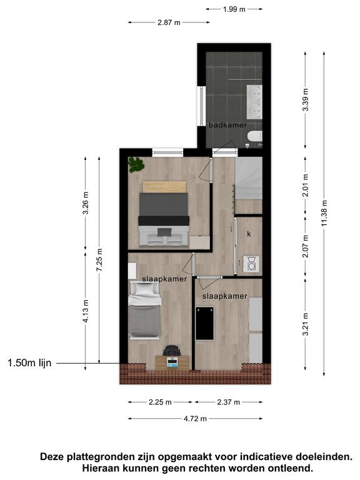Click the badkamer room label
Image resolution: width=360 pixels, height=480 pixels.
227,125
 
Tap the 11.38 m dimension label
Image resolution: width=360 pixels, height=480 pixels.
324,213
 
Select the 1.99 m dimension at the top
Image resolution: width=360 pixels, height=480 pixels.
234,9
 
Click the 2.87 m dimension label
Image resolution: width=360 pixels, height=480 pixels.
169,22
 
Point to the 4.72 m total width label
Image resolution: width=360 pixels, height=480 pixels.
195,419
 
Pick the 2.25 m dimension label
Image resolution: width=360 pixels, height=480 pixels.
160,402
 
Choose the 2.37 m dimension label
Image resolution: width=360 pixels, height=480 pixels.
228,402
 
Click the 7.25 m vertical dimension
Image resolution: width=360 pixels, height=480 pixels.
99,260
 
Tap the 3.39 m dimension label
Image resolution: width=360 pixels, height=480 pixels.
305,100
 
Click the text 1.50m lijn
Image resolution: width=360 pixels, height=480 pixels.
29,363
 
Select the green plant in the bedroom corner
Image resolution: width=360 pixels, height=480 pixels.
136,164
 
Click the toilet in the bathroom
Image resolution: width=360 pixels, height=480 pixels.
255,137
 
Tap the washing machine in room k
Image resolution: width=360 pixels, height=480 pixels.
251,264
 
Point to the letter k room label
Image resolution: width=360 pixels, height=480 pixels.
249,234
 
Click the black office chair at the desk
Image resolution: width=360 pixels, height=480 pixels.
172,350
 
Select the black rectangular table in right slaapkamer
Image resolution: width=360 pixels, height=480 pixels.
204,323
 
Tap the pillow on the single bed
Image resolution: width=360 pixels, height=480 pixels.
145,289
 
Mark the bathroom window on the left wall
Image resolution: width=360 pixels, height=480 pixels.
201,106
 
